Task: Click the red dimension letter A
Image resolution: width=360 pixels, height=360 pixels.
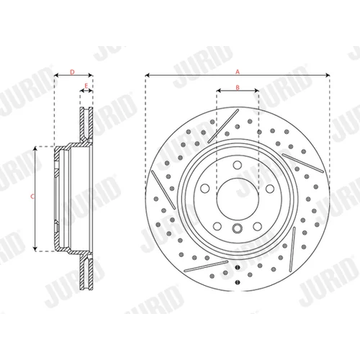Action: click(238, 71)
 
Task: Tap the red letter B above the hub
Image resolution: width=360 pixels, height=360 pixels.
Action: click(238, 87)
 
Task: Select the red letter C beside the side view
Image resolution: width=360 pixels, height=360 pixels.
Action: click(32, 197)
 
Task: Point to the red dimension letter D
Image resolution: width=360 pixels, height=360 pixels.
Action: click(72, 72)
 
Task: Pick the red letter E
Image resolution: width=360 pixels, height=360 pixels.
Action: click(86, 86)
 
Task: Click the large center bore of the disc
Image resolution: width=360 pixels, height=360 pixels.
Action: click(238, 199)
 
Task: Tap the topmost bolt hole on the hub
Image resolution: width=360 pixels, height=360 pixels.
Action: click(238, 165)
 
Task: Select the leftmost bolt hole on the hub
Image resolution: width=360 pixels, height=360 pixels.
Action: click(205, 188)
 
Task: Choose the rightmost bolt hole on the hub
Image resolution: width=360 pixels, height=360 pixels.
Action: click(270, 189)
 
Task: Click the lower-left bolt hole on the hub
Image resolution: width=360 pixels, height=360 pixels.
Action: click(217, 226)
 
